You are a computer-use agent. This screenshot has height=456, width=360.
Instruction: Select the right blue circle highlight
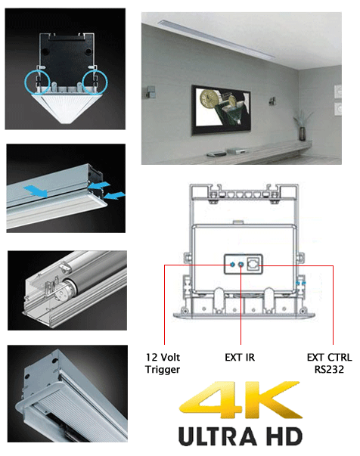click(98, 81)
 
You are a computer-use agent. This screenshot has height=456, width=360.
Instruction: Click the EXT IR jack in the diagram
click(241, 265)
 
